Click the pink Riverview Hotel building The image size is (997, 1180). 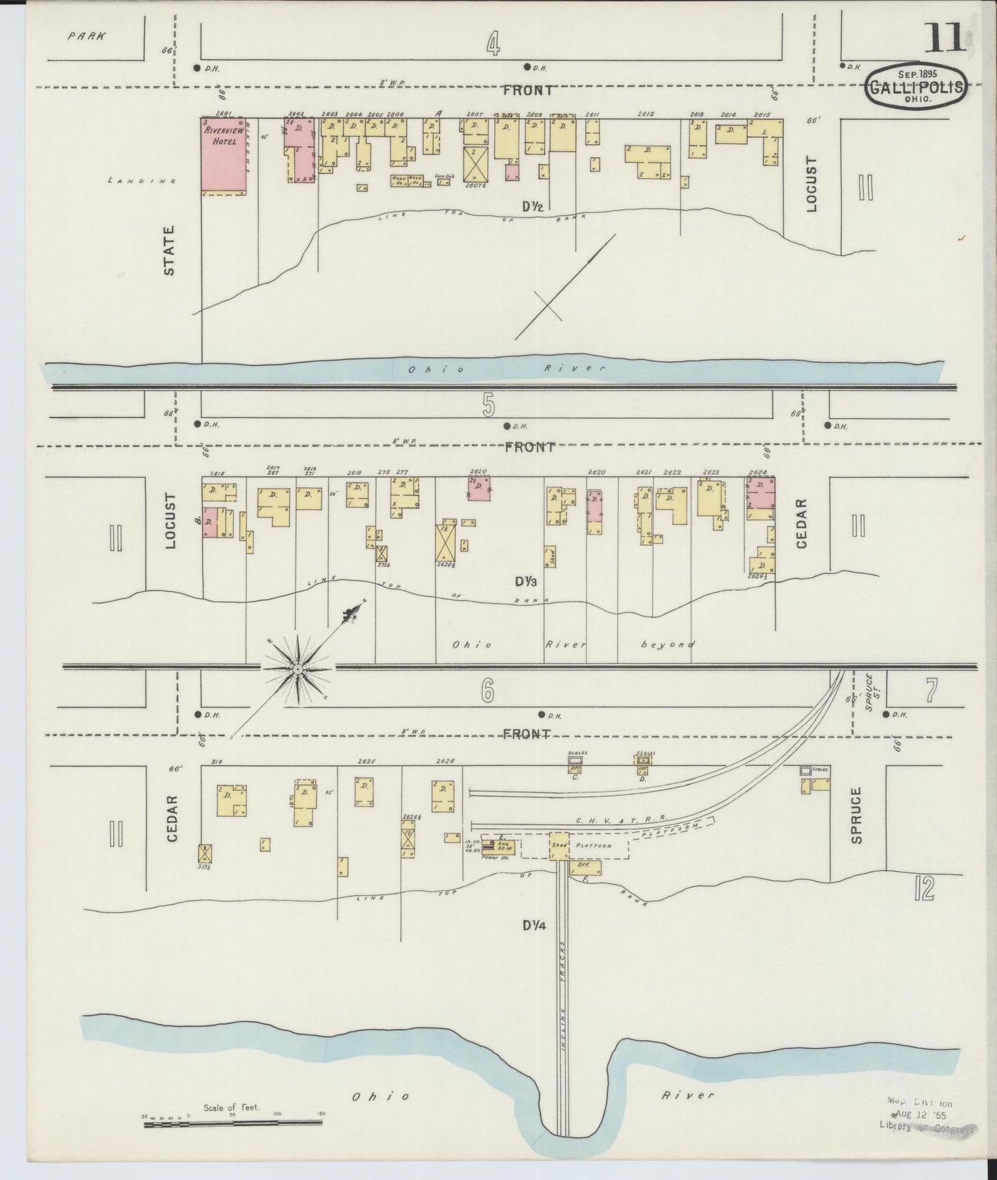[x=223, y=155]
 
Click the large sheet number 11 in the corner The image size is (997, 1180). [x=945, y=39]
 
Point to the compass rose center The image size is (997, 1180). [x=297, y=668]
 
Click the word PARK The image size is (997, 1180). [x=87, y=36]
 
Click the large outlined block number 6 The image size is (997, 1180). [x=488, y=691]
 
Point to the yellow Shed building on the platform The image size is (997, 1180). [x=558, y=845]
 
